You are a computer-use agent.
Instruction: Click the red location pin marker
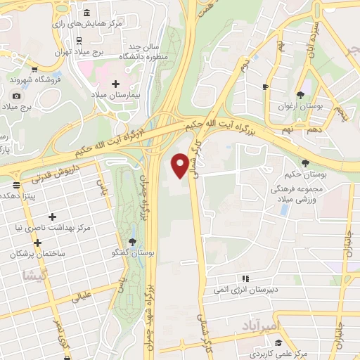tap(182, 166)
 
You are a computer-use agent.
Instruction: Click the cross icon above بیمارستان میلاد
tap(116, 83)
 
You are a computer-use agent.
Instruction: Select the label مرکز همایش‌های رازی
tap(93, 23)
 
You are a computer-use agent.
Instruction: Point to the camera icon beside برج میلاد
tap(16, 96)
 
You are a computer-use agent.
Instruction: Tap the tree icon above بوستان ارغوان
tap(301, 94)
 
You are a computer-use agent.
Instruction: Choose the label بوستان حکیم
tap(304, 174)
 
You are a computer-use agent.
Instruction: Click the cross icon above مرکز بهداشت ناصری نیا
tap(51, 217)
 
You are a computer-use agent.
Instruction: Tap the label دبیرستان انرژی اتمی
tap(240, 289)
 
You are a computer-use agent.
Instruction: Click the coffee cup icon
tap(265, 87)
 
